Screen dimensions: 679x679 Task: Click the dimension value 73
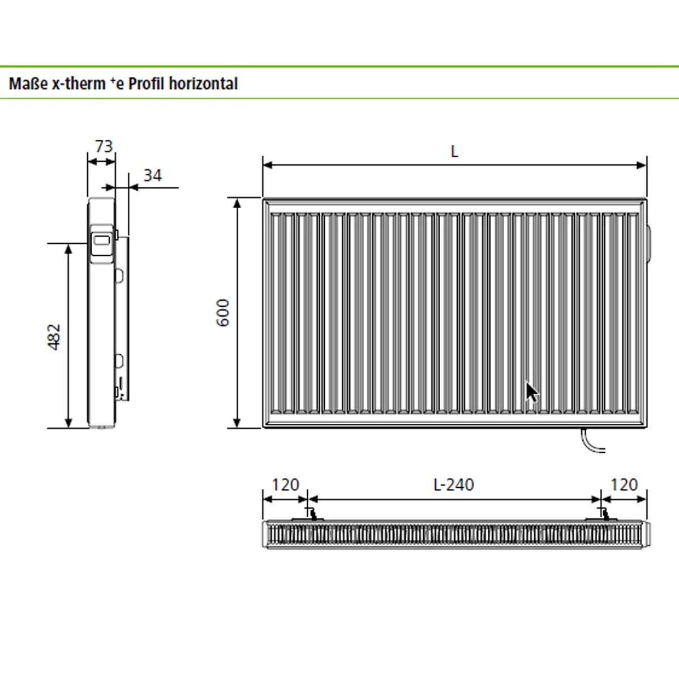(x=104, y=147)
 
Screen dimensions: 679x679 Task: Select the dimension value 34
(x=152, y=175)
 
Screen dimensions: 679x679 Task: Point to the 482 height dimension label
(x=54, y=337)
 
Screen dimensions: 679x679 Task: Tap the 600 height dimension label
(x=223, y=312)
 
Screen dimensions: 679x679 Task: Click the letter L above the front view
(x=454, y=152)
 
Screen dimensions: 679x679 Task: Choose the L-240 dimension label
(x=453, y=485)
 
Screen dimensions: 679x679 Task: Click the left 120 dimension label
(x=285, y=485)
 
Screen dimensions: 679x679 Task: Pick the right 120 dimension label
(x=624, y=485)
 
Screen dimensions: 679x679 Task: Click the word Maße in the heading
(x=26, y=84)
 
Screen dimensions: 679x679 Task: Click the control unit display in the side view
(x=102, y=240)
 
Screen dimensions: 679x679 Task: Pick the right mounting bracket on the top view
(x=603, y=515)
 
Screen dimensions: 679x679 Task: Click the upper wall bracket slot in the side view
(x=119, y=275)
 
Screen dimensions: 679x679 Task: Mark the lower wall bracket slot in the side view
(x=119, y=360)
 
